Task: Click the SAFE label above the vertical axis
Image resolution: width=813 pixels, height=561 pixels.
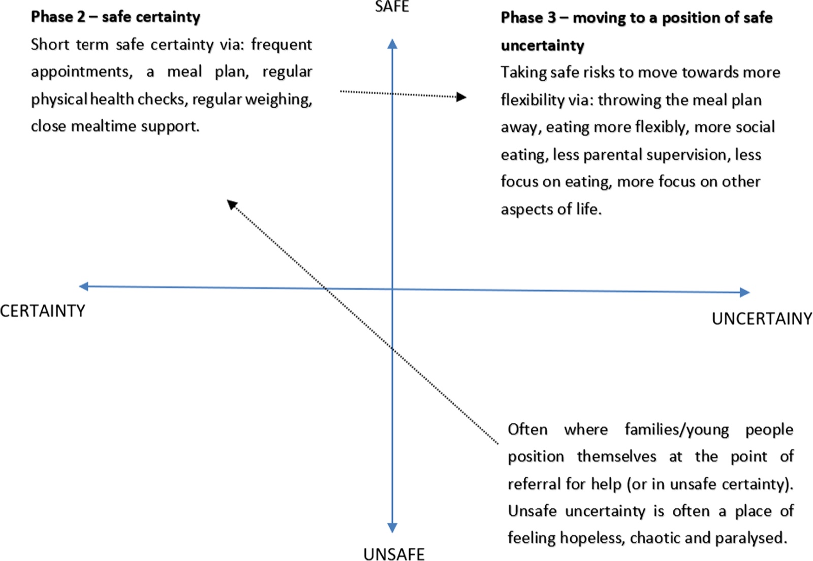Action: point(392,7)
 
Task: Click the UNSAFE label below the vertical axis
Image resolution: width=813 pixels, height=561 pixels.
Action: point(394,554)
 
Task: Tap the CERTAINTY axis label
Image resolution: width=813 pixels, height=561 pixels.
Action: point(43,311)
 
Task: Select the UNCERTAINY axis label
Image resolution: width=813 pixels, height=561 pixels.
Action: point(762,319)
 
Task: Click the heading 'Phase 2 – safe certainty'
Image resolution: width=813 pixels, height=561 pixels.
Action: point(115,17)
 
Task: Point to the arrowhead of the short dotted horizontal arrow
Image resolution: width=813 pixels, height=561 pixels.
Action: point(461,97)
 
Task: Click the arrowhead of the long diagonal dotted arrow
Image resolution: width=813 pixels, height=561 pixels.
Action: point(232,204)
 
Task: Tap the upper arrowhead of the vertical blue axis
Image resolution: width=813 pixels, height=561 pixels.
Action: point(392,44)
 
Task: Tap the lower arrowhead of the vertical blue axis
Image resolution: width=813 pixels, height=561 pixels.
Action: point(392,527)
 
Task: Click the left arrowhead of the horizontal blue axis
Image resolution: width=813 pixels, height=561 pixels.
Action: point(83,286)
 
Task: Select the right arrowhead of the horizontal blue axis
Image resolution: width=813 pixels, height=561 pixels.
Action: point(745,292)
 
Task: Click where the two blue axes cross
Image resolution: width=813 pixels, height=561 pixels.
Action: point(392,289)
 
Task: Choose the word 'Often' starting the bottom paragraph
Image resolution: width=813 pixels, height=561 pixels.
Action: point(527,429)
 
